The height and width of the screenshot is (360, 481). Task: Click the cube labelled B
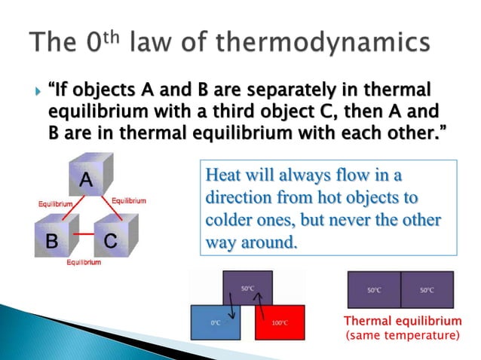point(54,239)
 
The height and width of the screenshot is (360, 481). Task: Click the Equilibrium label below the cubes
point(84,261)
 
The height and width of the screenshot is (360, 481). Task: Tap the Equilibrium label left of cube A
point(55,204)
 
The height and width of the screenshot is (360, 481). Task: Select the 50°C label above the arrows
point(247,288)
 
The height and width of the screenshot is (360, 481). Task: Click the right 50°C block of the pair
point(427,289)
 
